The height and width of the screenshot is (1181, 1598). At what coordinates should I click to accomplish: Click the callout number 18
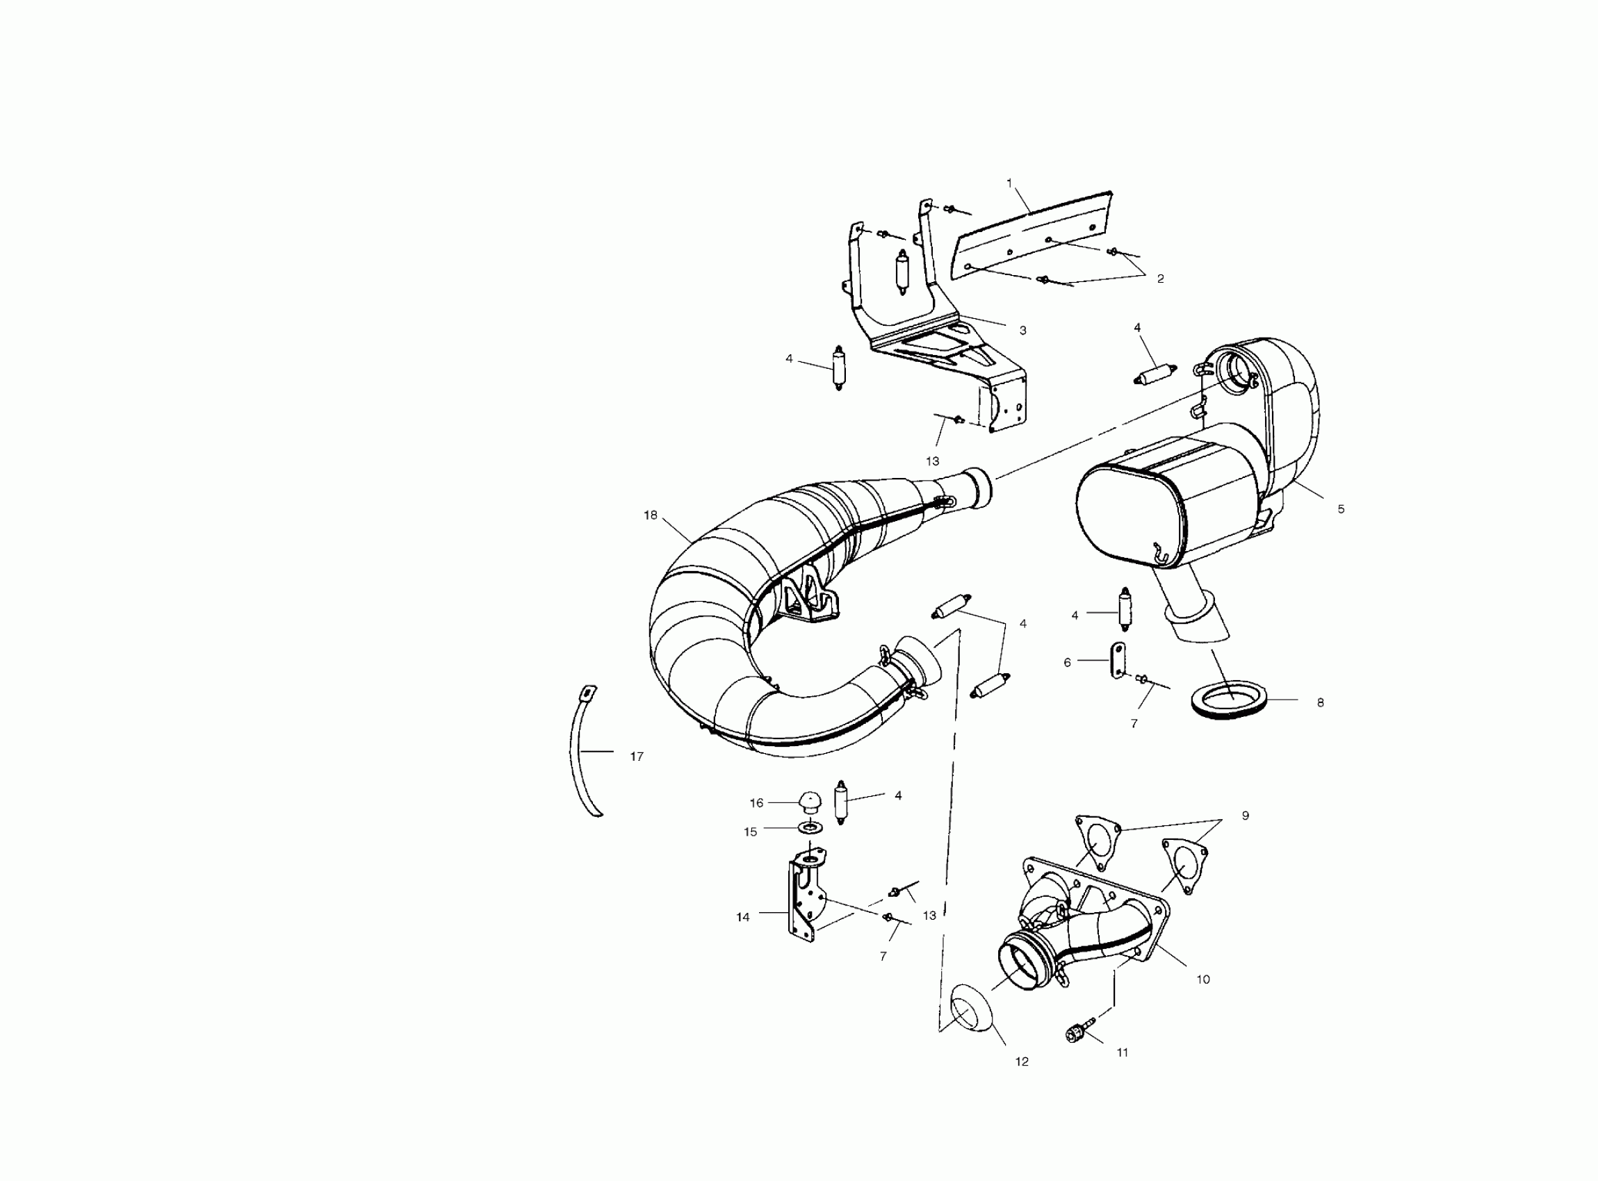[x=649, y=515]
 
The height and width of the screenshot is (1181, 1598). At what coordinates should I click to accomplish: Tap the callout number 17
[x=637, y=757]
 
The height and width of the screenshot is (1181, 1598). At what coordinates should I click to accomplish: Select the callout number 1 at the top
[x=1009, y=183]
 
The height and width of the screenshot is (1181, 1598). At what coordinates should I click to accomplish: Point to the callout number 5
[x=1341, y=509]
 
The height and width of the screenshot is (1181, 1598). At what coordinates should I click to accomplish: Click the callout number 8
[x=1320, y=703]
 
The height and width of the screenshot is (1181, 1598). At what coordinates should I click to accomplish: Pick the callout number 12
[x=1022, y=1062]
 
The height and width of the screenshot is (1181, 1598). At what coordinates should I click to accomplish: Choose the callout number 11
[x=1123, y=1052]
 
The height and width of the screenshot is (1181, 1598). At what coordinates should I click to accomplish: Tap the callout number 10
[x=1203, y=980]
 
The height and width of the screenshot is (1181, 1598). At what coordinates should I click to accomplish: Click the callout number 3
[x=1023, y=330]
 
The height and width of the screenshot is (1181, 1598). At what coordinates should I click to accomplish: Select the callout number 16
[x=756, y=803]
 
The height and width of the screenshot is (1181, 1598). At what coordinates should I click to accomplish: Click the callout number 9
[x=1246, y=816]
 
